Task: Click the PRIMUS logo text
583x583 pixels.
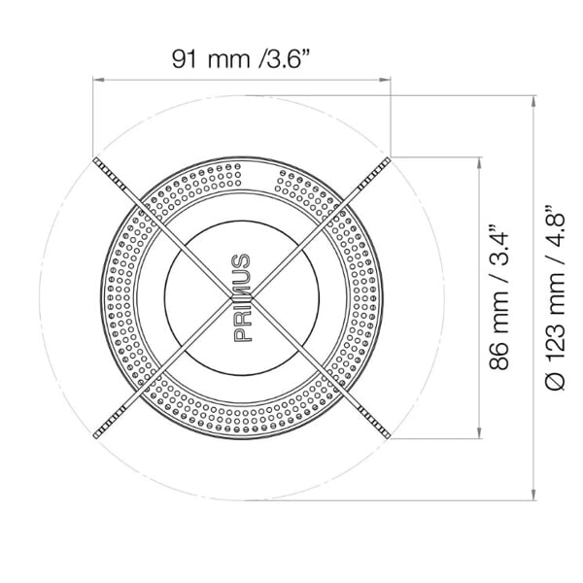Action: [x=242, y=297]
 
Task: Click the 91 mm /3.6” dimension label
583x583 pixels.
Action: [x=241, y=58]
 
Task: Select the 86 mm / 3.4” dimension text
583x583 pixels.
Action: [x=498, y=297]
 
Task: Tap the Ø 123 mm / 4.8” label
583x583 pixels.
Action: [x=555, y=297]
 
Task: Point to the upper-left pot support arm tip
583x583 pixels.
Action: [x=96, y=160]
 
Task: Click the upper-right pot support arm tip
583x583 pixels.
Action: [x=388, y=160]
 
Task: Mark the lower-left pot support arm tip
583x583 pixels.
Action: [x=96, y=434]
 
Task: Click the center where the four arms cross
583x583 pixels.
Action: [x=242, y=297]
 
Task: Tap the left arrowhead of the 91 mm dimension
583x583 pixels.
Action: [x=97, y=80]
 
